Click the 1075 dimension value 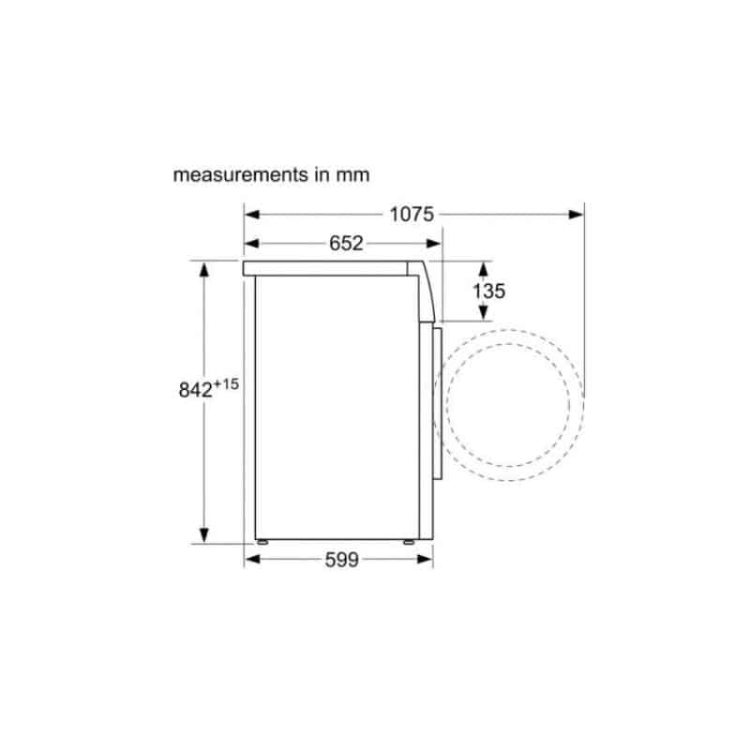(412, 215)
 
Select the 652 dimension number (346, 244)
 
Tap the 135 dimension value (488, 291)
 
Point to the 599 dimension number (341, 560)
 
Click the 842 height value (195, 390)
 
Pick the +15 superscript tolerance (226, 383)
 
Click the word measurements (241, 175)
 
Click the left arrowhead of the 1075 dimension (251, 215)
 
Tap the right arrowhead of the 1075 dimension (576, 215)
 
